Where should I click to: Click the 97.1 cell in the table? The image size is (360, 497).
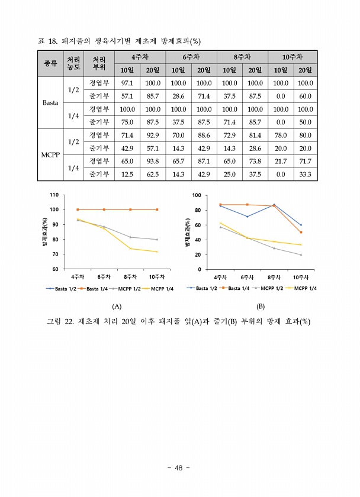[126, 83]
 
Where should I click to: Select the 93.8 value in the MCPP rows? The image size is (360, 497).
[153, 161]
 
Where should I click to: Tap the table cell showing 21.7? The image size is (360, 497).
[280, 161]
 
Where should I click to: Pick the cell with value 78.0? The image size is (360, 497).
[280, 135]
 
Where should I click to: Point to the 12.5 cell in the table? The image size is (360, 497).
[126, 174]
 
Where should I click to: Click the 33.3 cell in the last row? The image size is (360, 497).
[305, 174]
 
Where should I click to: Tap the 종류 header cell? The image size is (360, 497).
[51, 64]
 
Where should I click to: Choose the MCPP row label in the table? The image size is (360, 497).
[50, 154]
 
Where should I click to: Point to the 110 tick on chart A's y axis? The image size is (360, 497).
[54, 195]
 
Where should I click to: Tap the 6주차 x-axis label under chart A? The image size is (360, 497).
[104, 277]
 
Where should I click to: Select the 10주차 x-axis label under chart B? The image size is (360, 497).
[302, 277]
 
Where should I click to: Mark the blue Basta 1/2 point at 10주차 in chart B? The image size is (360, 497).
[301, 225]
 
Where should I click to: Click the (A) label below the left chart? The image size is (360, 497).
[116, 306]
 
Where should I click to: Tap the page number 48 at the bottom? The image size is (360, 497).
[178, 467]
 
